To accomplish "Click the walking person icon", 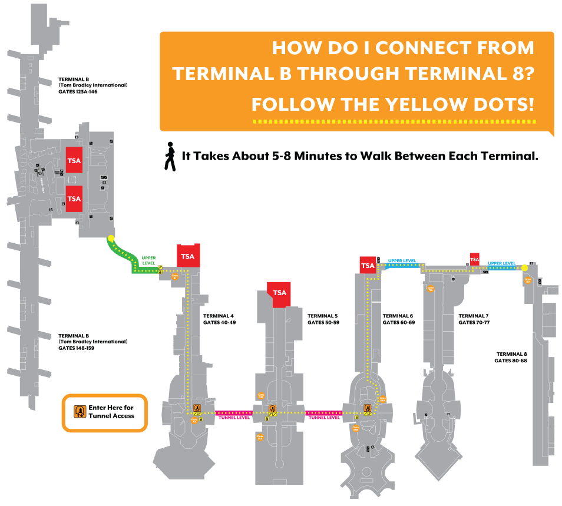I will point(170,156).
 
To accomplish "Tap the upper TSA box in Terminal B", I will point(74,160).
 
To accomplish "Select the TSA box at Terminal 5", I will point(279,293).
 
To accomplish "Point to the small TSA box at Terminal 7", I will point(474,259).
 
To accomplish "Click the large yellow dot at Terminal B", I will point(111,239).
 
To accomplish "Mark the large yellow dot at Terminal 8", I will point(524,268).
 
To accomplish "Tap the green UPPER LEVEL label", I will point(148,260).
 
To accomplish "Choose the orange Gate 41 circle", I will point(174,276).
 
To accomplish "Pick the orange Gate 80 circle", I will point(528,280).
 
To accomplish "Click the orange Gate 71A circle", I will point(431,289).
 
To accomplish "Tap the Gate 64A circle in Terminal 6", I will point(382,399).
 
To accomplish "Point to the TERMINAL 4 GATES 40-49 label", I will point(219,319).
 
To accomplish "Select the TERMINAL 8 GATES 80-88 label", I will point(510,357).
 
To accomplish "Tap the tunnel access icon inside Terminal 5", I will point(272,408).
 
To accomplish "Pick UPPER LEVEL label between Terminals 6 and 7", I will point(402,260).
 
